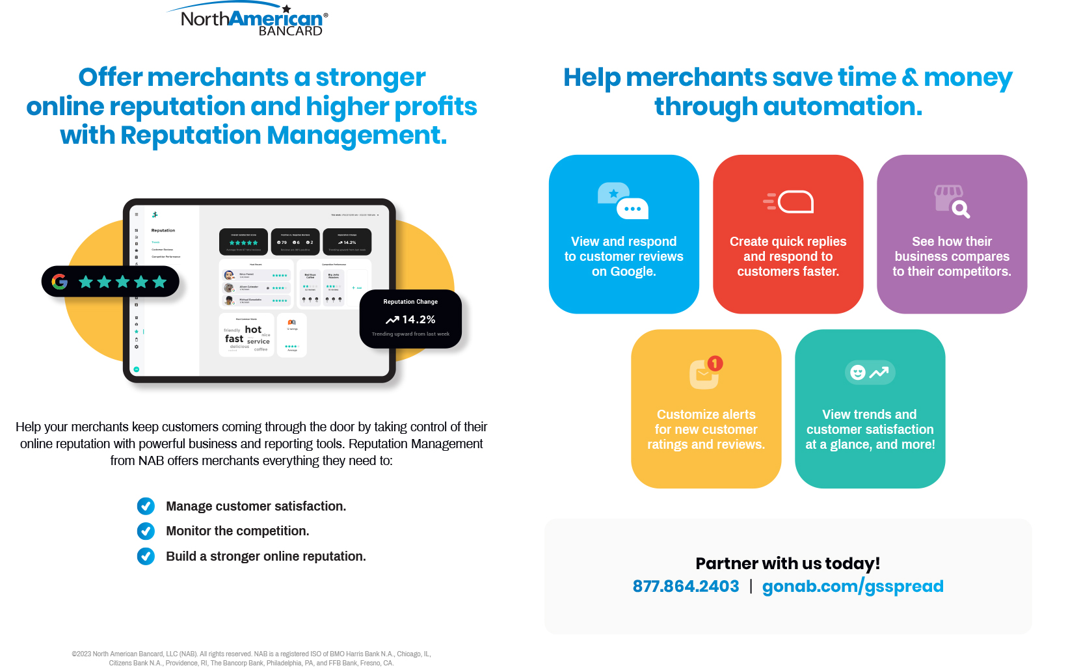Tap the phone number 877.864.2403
[686, 586]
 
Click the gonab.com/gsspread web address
[853, 586]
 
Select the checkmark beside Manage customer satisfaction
[146, 506]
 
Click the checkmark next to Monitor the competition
[146, 531]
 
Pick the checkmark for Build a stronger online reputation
[146, 556]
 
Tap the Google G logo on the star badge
[60, 282]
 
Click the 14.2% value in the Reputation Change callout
[418, 319]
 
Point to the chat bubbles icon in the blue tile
[623, 201]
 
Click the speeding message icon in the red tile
[788, 202]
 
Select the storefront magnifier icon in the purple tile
[952, 201]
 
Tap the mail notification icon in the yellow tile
[705, 373]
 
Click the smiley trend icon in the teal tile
[870, 372]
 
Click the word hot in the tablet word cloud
[253, 330]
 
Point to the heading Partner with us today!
[788, 563]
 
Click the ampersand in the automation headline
[911, 77]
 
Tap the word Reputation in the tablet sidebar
[163, 230]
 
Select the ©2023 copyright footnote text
[251, 658]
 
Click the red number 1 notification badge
[715, 364]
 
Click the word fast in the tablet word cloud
[234, 339]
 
